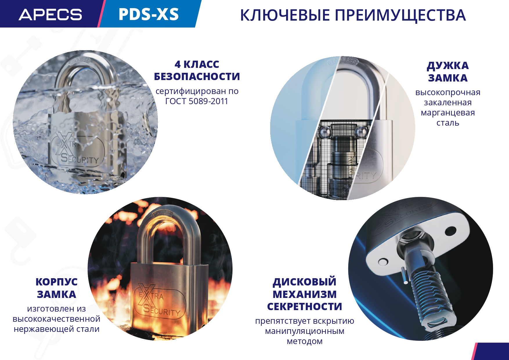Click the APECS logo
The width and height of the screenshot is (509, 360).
(50, 15)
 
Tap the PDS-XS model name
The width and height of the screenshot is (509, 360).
(149, 14)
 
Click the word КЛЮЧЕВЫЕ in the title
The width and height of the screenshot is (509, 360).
(285, 15)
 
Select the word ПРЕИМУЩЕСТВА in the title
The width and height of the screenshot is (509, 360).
(400, 15)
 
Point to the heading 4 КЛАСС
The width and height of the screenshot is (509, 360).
(197, 64)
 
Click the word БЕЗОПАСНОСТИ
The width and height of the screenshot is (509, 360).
(197, 77)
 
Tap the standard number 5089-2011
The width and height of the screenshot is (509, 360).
(208, 101)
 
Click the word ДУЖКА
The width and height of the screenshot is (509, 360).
(448, 66)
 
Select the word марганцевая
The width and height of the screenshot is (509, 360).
(448, 113)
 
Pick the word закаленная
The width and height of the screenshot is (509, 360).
(448, 102)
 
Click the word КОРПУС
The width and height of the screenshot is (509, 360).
(57, 282)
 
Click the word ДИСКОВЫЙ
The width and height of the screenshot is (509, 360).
(305, 282)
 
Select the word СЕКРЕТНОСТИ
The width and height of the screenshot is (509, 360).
(305, 307)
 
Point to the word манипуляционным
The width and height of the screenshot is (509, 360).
(305, 331)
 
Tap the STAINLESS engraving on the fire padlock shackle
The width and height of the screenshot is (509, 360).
(163, 214)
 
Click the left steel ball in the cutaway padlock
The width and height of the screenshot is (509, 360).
(324, 132)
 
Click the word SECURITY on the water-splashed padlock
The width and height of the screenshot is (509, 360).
(80, 159)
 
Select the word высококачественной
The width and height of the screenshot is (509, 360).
(57, 319)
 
